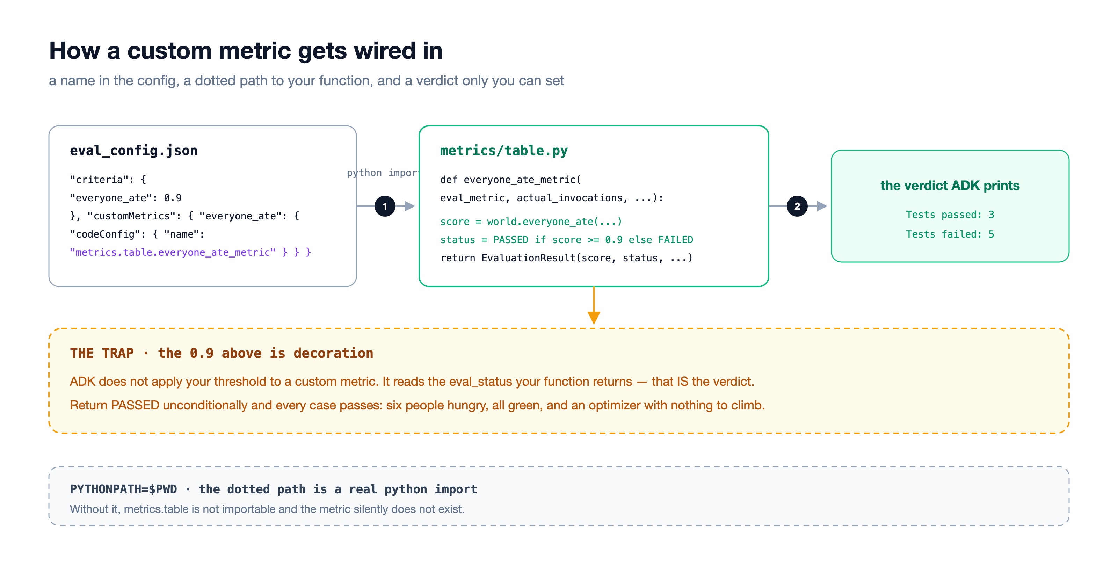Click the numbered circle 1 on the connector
click(385, 206)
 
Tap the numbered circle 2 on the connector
click(797, 206)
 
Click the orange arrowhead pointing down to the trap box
click(594, 318)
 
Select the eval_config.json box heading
click(134, 151)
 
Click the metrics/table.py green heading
click(504, 151)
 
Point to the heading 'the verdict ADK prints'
click(950, 186)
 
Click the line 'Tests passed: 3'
click(950, 215)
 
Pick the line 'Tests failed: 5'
click(950, 234)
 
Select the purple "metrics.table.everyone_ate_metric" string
click(173, 252)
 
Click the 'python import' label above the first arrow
click(383, 173)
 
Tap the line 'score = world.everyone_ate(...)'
click(531, 222)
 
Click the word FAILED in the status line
click(675, 240)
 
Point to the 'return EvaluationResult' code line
click(566, 258)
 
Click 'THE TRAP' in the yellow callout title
click(102, 353)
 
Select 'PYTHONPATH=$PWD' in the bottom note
click(123, 489)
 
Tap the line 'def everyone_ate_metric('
click(510, 180)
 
